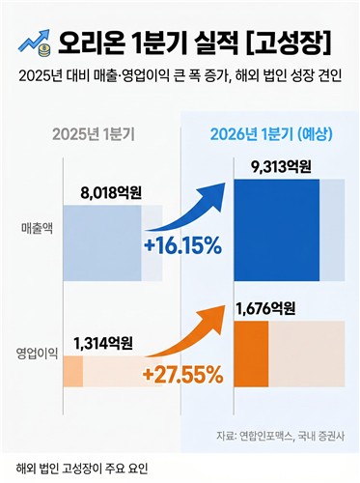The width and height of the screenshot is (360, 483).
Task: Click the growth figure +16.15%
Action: [x=181, y=246]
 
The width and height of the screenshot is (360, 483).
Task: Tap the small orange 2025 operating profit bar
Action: [x=73, y=370]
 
